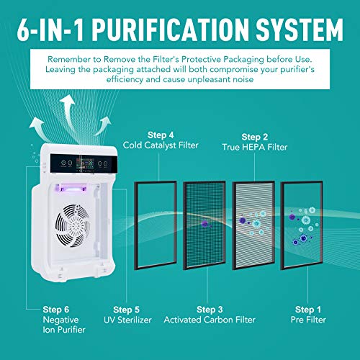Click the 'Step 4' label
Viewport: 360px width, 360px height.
click(x=161, y=134)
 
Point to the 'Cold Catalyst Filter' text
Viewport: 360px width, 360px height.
click(x=161, y=145)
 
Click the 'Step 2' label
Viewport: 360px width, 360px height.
click(x=255, y=136)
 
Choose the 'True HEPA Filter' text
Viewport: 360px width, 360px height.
click(x=255, y=147)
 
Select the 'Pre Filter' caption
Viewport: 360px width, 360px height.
click(x=309, y=319)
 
